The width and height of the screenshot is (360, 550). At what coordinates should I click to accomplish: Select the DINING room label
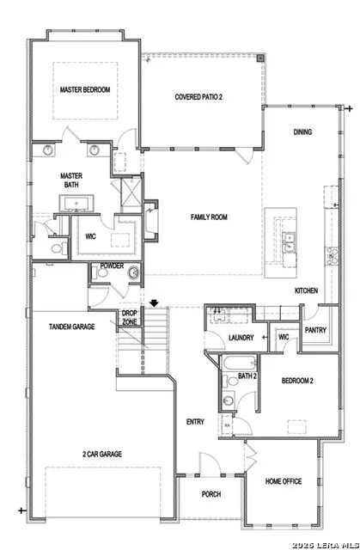click(x=302, y=132)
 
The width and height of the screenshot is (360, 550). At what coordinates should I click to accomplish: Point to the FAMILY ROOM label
click(x=209, y=218)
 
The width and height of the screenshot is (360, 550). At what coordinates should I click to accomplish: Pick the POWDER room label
click(x=112, y=266)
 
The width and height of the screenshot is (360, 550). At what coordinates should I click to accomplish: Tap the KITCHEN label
click(x=307, y=291)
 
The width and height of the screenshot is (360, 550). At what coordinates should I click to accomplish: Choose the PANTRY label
click(x=316, y=328)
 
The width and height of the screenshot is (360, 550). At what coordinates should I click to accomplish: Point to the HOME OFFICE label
click(x=283, y=482)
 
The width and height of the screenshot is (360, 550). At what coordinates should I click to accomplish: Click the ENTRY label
click(x=195, y=422)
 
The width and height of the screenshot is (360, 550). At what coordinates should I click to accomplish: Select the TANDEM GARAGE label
click(x=71, y=327)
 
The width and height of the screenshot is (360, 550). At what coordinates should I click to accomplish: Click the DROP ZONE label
click(x=130, y=316)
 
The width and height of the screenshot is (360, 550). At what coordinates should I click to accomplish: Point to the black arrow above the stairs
click(x=154, y=302)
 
